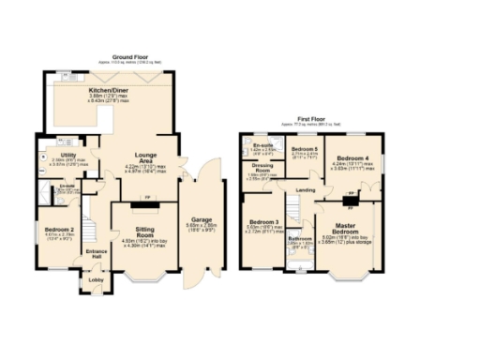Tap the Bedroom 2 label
coord(58,229)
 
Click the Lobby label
coord(97,279)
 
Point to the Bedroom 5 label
coord(304,150)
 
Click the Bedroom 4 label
coord(353,157)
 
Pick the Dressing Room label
coord(262,170)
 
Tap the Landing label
coord(305,190)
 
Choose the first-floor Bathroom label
coord(300,239)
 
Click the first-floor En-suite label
coord(262,146)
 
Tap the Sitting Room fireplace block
coord(147,198)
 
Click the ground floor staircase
coord(91,225)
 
